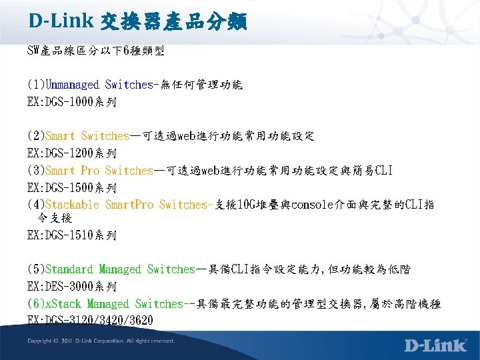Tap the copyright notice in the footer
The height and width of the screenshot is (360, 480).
[x=101, y=341]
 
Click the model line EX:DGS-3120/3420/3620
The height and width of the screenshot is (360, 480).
[x=90, y=321]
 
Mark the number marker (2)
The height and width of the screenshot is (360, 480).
[x=36, y=136]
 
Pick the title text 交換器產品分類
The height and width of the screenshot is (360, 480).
[x=173, y=22]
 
